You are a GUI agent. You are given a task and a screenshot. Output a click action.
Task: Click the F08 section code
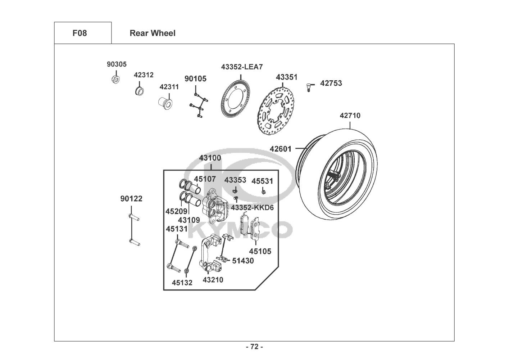point(79,33)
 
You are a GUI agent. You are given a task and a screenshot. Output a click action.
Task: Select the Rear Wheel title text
point(153,33)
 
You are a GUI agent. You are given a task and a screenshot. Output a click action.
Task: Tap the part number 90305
point(117,64)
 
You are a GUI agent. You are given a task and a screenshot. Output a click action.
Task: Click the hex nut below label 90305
point(116,79)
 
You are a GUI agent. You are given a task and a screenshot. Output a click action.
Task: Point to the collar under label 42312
point(139,91)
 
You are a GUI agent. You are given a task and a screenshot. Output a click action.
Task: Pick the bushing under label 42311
point(165,103)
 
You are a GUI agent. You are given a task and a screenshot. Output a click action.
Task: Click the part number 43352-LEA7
point(242,67)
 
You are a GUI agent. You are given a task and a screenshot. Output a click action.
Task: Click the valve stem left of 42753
point(309,87)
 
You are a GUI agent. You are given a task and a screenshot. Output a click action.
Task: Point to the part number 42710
point(350,116)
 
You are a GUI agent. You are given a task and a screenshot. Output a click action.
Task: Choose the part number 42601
point(281,149)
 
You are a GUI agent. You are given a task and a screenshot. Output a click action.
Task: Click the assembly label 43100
point(210,158)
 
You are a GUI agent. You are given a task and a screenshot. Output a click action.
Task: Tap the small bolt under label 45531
point(264,192)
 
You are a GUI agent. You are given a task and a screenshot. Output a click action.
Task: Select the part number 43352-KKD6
point(252,208)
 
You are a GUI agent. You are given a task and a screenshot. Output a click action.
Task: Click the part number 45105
point(260,251)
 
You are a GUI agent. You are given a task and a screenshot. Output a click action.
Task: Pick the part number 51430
point(243,261)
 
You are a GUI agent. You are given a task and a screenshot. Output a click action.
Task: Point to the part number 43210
point(213,280)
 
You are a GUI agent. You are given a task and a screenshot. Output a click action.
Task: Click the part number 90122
point(131,199)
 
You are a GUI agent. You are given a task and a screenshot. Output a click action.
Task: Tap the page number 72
point(255,347)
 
